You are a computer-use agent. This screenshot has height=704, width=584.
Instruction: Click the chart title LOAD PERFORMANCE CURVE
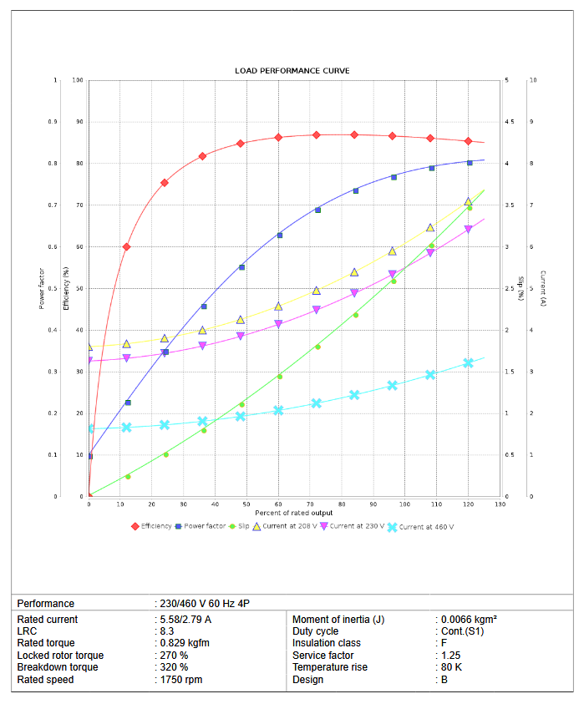(292, 71)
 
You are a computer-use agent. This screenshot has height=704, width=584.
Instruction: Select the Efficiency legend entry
(156, 526)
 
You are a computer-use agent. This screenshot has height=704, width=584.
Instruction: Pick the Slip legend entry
(243, 526)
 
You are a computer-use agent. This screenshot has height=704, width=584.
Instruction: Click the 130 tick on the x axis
(500, 504)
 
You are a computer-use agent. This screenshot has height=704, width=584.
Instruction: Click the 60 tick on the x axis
(279, 504)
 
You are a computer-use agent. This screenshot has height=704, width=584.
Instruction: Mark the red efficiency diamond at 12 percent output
(127, 247)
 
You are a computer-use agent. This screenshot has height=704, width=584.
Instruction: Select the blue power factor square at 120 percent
(469, 163)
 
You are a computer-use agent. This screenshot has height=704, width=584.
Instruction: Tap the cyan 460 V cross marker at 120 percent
(469, 363)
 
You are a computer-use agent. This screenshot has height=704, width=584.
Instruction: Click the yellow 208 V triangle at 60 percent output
(279, 306)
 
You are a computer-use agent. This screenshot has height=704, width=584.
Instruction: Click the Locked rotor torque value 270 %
(174, 656)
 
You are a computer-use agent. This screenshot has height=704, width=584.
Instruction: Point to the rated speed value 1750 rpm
(180, 680)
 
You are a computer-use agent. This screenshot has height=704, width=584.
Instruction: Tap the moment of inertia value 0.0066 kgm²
(469, 620)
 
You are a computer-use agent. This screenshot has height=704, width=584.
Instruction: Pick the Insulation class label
(327, 643)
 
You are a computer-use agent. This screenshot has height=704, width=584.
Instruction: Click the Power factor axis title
(42, 288)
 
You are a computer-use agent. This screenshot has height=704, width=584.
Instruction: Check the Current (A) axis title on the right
(542, 288)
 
